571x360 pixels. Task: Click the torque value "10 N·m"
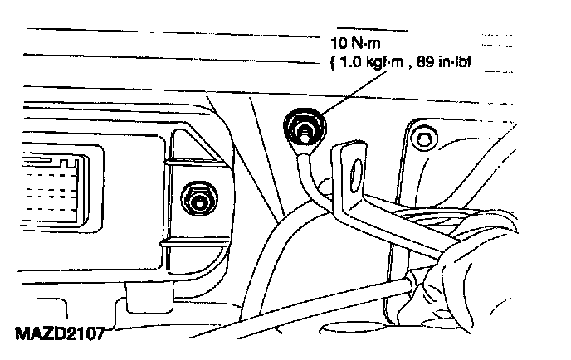[x=356, y=41]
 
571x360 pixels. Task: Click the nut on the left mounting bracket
[x=197, y=197]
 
